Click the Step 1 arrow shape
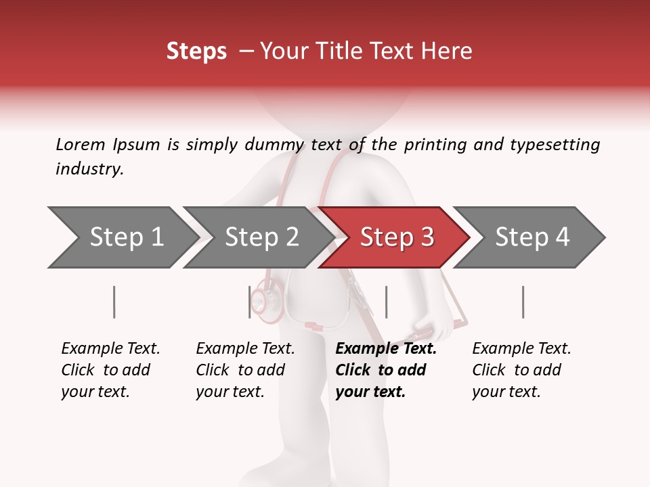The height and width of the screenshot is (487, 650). tap(122, 237)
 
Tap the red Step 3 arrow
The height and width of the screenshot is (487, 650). tap(396, 237)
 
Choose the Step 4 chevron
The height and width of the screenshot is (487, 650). tap(532, 237)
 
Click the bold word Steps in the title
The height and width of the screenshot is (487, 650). tap(196, 51)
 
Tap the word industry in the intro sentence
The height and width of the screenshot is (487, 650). tap(89, 169)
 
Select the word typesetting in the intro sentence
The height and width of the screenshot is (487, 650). tap(555, 145)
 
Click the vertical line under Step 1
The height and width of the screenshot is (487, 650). tap(114, 302)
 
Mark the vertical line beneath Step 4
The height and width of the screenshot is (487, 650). tap(523, 302)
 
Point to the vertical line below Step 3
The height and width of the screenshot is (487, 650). tap(386, 302)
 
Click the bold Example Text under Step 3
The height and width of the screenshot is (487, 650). tap(386, 349)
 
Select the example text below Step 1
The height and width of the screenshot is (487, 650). tap(110, 370)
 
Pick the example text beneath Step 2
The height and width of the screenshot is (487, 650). tap(245, 370)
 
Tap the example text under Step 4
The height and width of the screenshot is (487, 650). tap(521, 370)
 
